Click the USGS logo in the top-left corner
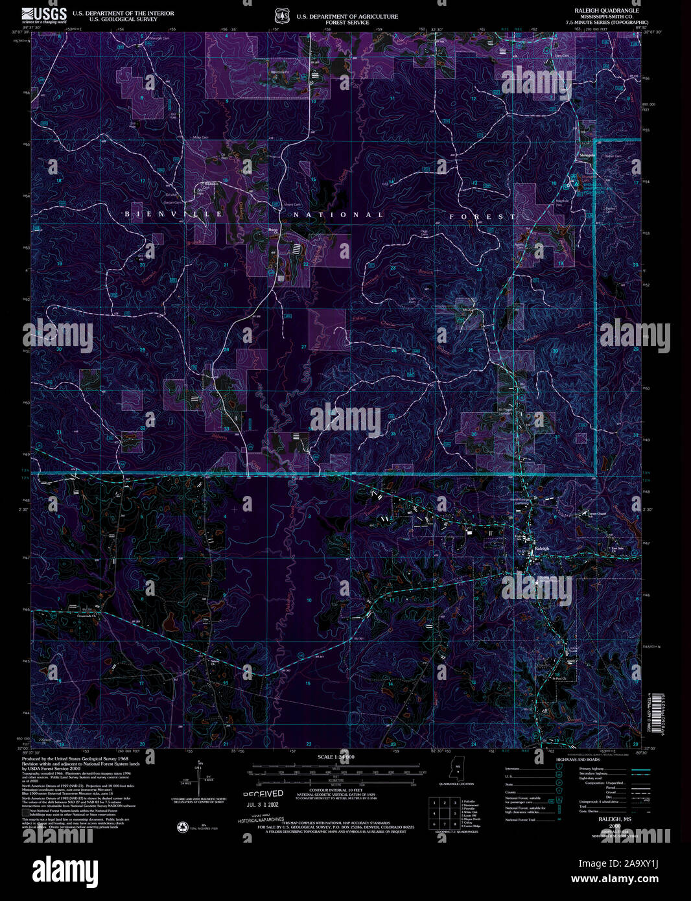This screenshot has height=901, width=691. click(x=44, y=15)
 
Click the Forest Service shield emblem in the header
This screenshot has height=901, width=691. click(x=281, y=15)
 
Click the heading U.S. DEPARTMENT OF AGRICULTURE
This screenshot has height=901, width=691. click(x=347, y=16)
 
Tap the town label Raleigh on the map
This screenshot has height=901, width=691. click(x=542, y=549)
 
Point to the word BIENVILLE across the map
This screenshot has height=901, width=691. click(x=174, y=214)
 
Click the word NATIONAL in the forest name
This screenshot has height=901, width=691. click(x=340, y=215)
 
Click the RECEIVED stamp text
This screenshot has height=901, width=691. click(x=263, y=793)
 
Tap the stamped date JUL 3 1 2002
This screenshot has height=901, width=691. click(x=263, y=805)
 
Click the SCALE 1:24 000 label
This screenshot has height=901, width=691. click(x=336, y=757)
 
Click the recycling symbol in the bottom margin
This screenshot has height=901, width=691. click(x=182, y=826)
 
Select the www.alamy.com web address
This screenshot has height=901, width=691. click(x=622, y=880)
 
